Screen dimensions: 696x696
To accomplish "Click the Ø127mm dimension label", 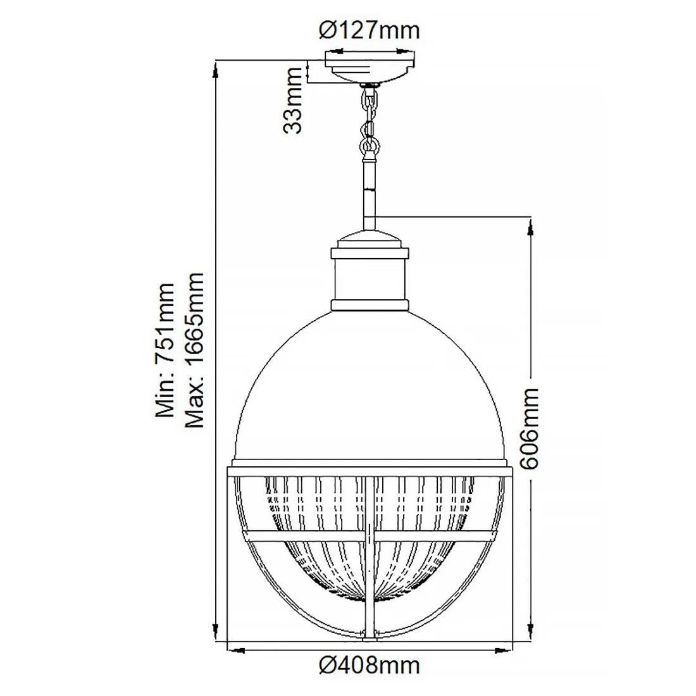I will coord(370,29).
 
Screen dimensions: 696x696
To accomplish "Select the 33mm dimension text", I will coord(293,109).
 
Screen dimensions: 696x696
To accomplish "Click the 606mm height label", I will coord(529,428).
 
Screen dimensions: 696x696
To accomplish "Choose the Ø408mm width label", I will coord(370,665).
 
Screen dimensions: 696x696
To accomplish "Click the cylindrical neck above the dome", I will coord(370,278).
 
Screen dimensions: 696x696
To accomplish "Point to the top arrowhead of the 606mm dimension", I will coord(530,225).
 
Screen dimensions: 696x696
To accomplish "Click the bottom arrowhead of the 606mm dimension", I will coord(530,633).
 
